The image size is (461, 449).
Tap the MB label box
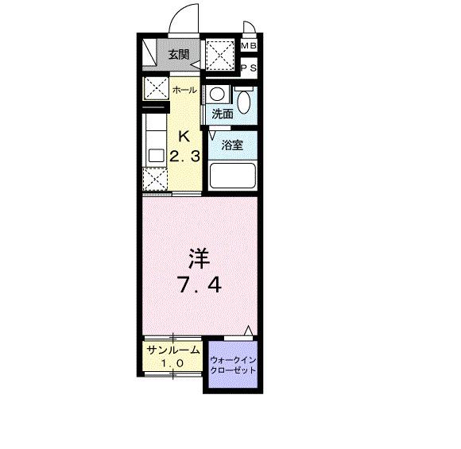click(x=249, y=46)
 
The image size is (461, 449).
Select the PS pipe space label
click(x=249, y=68)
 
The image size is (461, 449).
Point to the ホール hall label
click(x=184, y=90)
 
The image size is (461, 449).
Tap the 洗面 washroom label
click(x=222, y=114)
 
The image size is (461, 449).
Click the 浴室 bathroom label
click(x=232, y=145)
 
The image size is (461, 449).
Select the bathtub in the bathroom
click(x=231, y=176)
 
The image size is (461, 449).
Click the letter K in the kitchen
click(x=184, y=135)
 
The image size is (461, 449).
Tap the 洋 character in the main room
click(x=200, y=258)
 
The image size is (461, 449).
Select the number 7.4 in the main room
click(x=199, y=284)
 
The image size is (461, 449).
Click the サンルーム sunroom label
click(x=172, y=349)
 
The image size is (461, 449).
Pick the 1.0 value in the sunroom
click(x=172, y=363)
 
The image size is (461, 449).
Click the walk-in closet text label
click(x=233, y=366)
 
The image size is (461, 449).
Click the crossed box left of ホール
click(x=154, y=87)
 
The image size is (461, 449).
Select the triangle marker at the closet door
click(x=250, y=331)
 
